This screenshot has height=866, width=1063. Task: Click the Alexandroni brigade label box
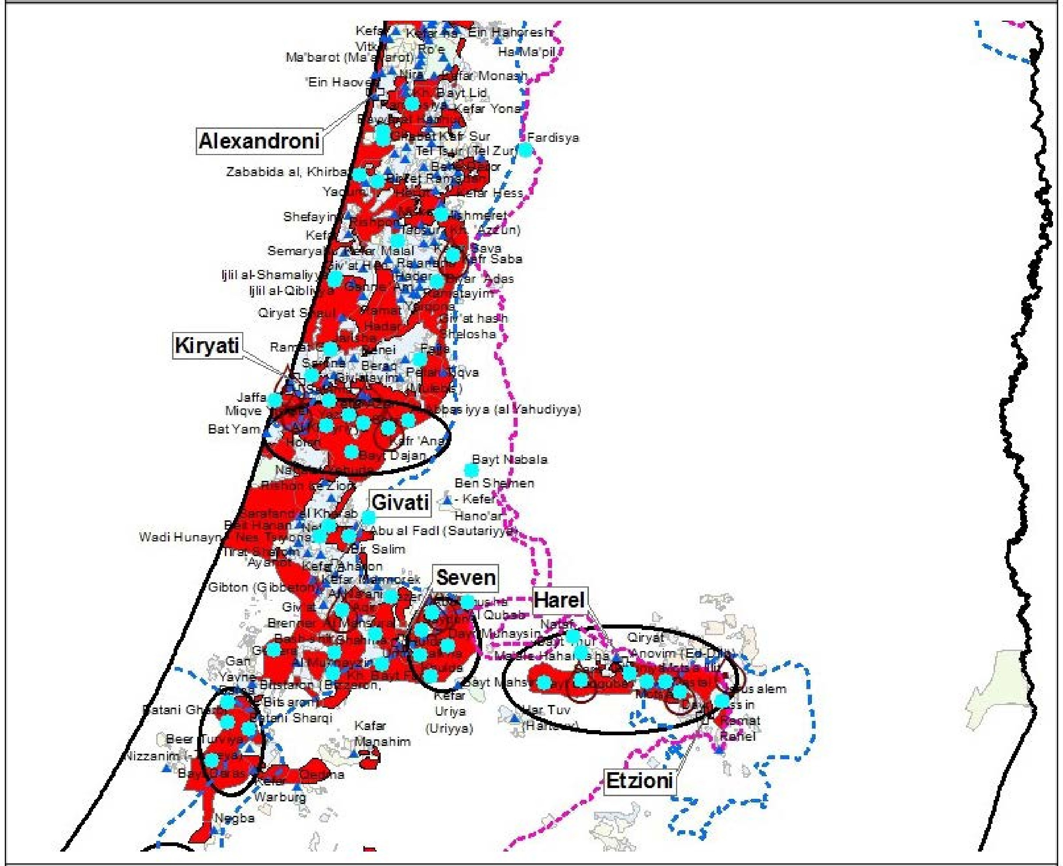point(258,141)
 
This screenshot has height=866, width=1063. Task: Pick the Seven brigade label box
point(465,578)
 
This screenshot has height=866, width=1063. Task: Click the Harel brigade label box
point(559,600)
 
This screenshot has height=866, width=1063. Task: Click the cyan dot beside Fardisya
point(525,149)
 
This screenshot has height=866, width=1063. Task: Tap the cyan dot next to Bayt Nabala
point(471,470)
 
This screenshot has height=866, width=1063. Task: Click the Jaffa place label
point(251,397)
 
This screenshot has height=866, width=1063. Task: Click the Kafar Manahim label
point(382,733)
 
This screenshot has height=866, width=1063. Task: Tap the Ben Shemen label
point(494,483)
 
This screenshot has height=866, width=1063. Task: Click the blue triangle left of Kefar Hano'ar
point(448,499)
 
